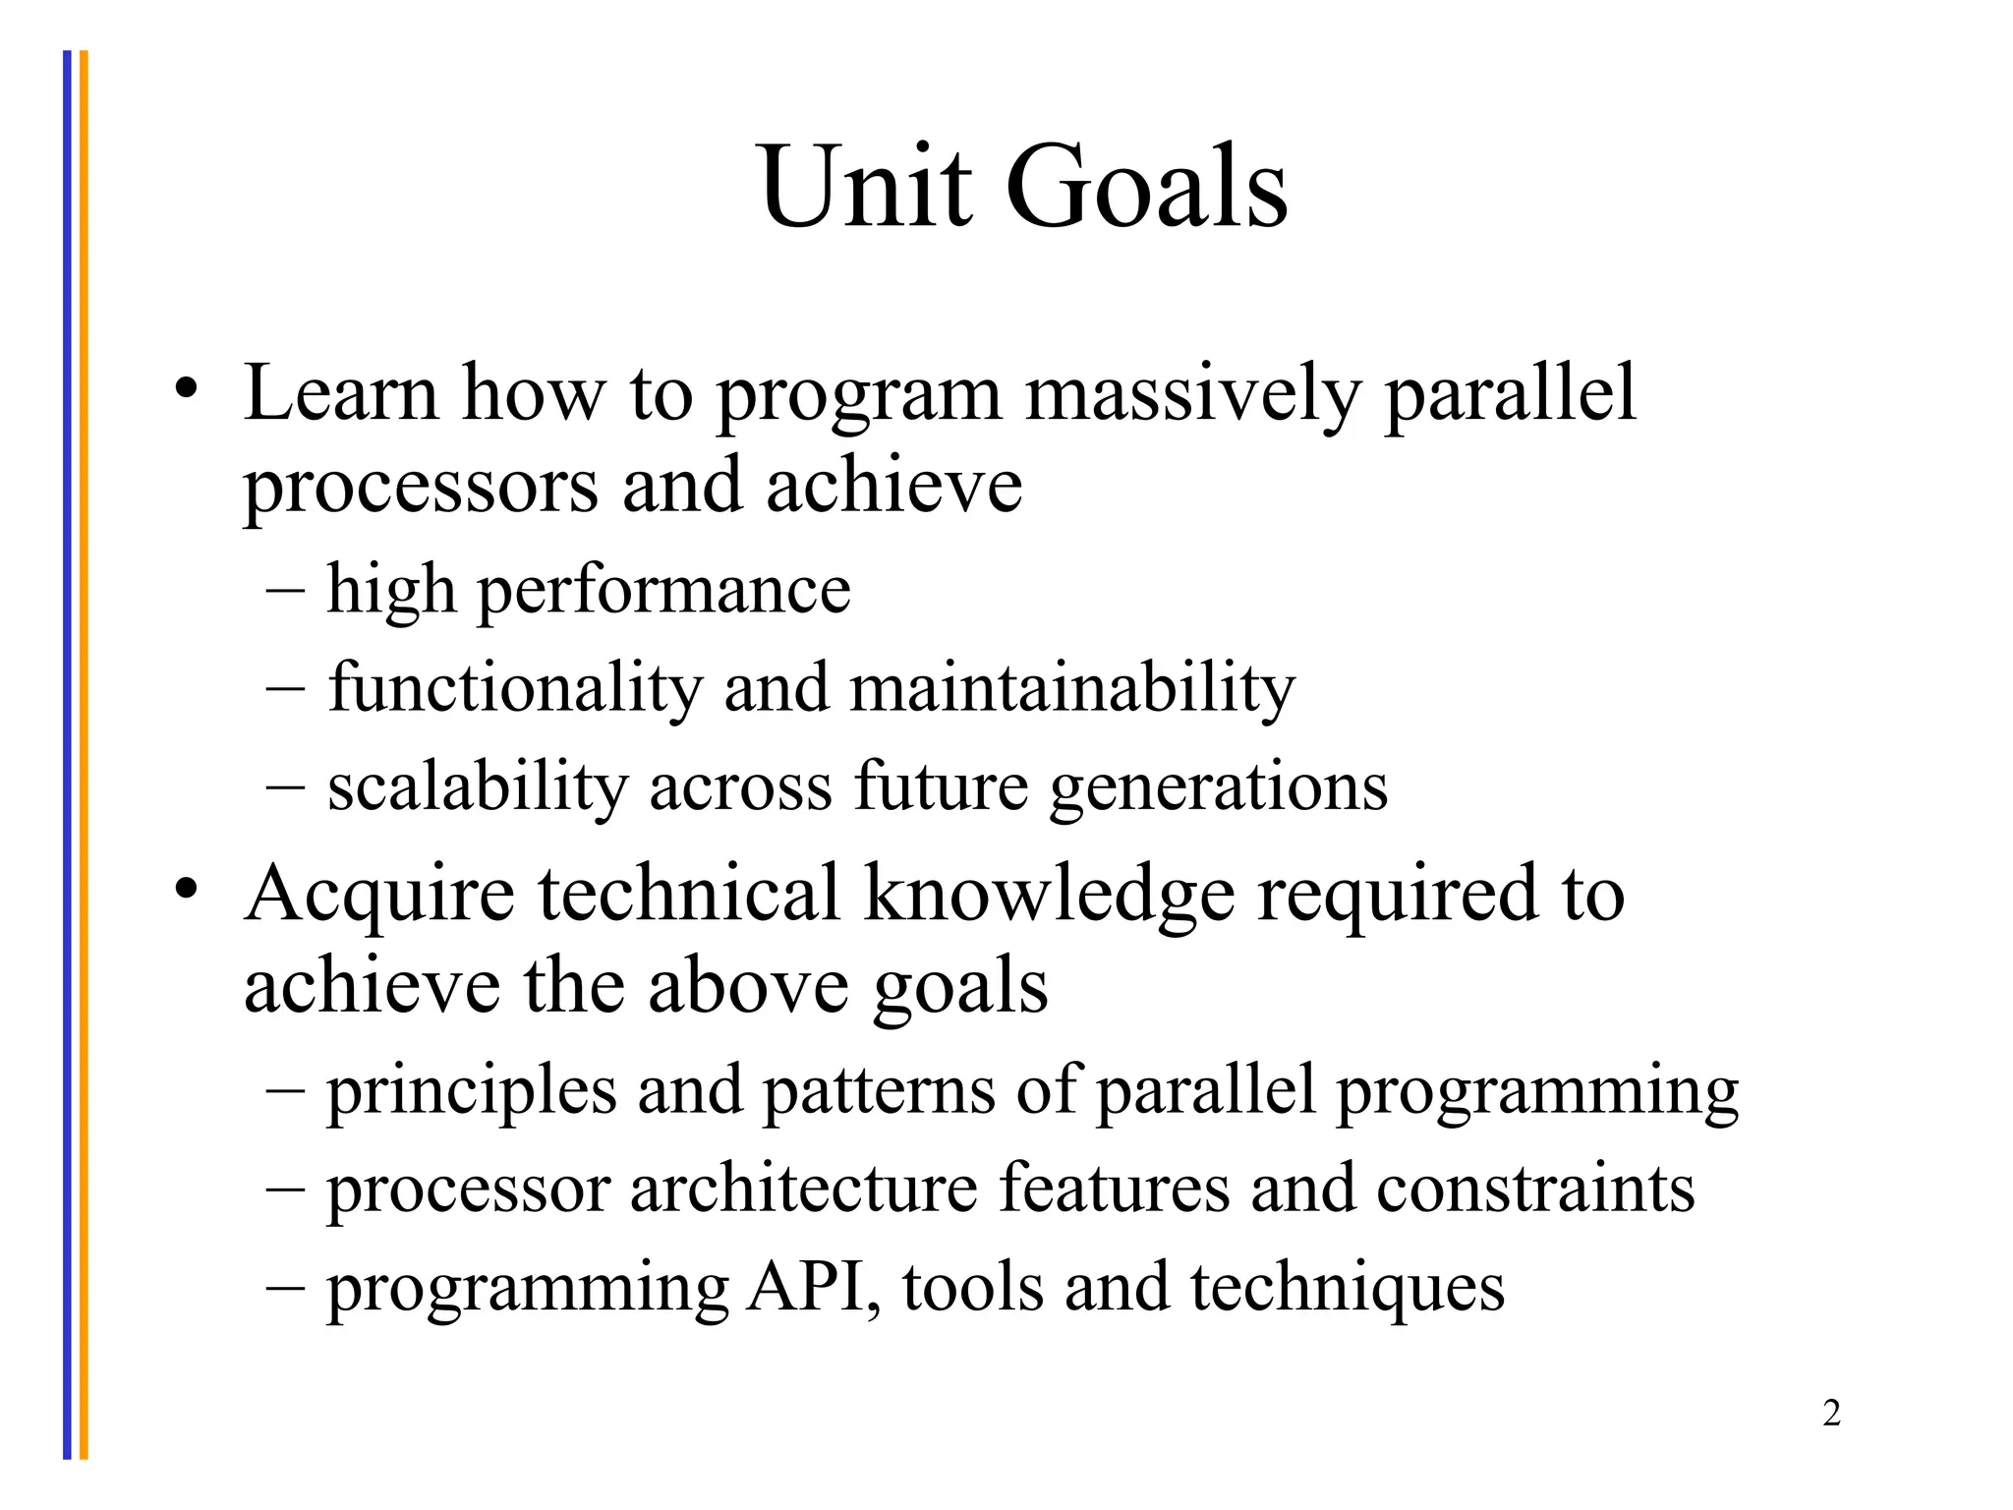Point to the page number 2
1831,1414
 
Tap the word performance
664,592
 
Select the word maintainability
1072,688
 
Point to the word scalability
478,788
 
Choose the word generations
1219,788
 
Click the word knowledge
1049,895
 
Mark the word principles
472,1093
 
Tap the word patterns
879,1093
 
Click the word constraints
1535,1190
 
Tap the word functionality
515,688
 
